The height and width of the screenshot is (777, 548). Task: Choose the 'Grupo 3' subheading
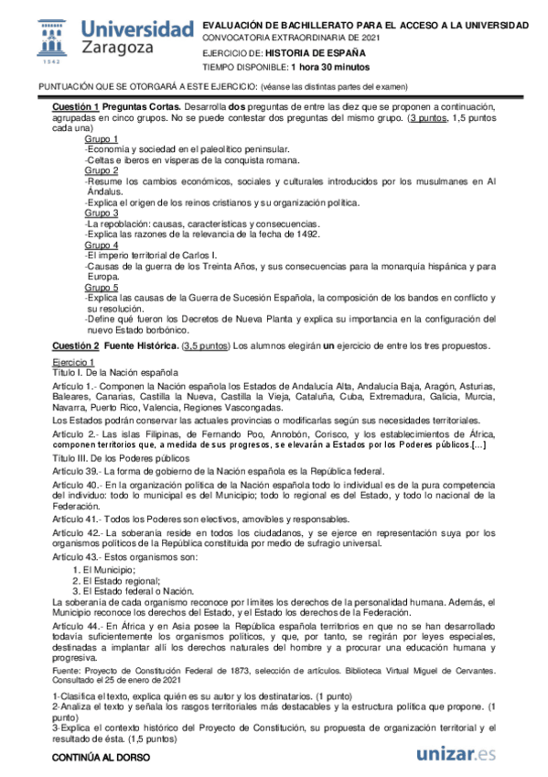coord(102,213)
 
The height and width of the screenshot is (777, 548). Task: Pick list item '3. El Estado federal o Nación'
coord(127,591)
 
